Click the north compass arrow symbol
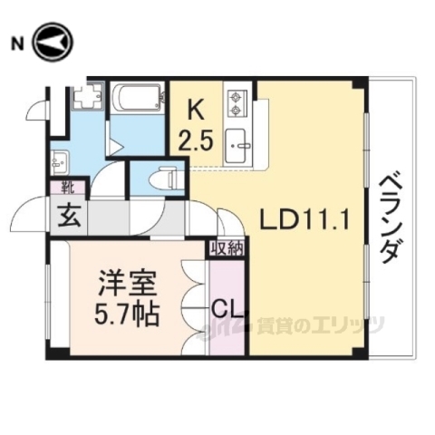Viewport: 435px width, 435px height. pyautogui.click(x=53, y=43)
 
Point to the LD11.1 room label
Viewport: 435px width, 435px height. pyautogui.click(x=303, y=219)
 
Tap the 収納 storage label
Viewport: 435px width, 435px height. pyautogui.click(x=227, y=247)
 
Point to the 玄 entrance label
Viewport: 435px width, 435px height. pyautogui.click(x=69, y=217)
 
